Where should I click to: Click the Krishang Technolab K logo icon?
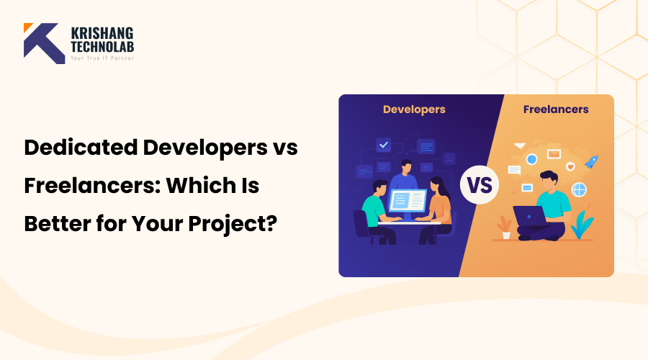point(44,43)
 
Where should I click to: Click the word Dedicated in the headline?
point(79,149)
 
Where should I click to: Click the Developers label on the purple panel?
point(413,109)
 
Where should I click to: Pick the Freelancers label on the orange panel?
point(555,109)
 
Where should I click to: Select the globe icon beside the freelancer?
point(579,189)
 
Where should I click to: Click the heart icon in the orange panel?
point(570,166)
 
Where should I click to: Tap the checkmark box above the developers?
point(384,145)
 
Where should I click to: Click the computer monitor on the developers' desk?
point(408,200)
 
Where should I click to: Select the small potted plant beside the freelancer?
point(505,228)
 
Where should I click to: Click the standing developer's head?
point(405,166)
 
